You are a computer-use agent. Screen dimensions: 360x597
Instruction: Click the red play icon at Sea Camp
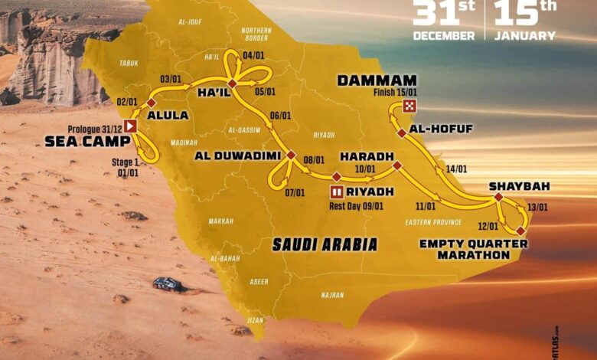click(131, 126)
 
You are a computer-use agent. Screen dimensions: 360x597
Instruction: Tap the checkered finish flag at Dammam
click(410, 106)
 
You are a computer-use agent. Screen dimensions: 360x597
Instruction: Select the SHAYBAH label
click(520, 186)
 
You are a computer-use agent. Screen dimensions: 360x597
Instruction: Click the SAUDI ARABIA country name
click(325, 244)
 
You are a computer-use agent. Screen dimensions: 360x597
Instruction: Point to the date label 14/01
click(456, 169)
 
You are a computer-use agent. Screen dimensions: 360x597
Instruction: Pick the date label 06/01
click(281, 116)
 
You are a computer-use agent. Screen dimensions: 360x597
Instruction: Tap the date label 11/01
click(426, 205)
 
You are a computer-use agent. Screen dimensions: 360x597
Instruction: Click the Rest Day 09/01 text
click(351, 205)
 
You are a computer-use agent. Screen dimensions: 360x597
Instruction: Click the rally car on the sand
click(167, 283)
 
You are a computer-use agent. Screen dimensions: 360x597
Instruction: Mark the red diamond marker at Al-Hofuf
click(401, 133)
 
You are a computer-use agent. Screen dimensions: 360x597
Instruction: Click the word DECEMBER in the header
click(443, 35)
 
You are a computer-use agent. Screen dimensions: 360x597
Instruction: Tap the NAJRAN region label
click(332, 293)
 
